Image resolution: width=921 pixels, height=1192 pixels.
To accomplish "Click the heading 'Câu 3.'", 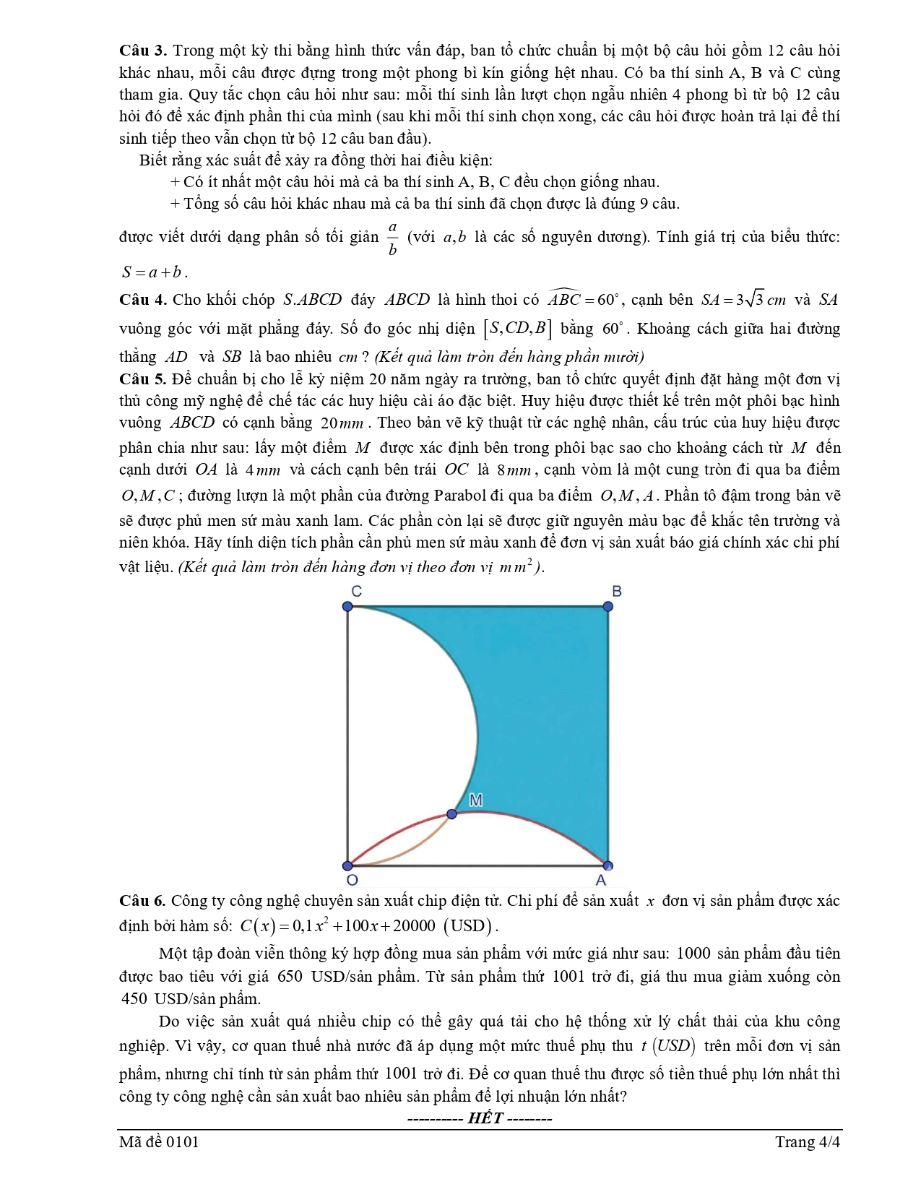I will pos(143,51).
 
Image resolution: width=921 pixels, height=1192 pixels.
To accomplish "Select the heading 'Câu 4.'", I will pos(143,300).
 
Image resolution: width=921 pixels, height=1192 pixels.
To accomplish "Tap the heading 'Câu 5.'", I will pos(143,379).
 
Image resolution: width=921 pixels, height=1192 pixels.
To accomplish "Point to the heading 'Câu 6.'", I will pos(143,901).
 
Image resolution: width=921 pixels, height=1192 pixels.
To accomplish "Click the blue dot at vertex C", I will pos(347,606).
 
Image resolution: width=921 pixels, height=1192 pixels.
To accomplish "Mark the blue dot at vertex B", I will pos(607,606).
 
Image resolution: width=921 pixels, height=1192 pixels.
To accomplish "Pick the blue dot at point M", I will pos(452,814).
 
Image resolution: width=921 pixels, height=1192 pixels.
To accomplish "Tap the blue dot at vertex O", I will pos(347,865).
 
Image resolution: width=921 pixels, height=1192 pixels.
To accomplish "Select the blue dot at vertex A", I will pos(607,865).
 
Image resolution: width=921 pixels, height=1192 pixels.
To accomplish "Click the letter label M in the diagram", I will pos(476,800).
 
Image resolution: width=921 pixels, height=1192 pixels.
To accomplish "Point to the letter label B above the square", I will pos(616,591).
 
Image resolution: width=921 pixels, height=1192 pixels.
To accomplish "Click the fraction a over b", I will pos(392,238).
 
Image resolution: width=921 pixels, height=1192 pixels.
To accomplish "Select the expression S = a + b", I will pos(155,273).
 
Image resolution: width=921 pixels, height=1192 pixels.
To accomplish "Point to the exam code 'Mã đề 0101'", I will pos(159,1142).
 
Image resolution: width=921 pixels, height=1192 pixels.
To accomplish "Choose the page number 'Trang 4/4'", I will pos(808,1142).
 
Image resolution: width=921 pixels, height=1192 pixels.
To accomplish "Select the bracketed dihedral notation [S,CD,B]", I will pos(517,329).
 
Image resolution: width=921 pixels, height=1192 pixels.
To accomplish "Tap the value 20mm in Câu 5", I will pos(341,423).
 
